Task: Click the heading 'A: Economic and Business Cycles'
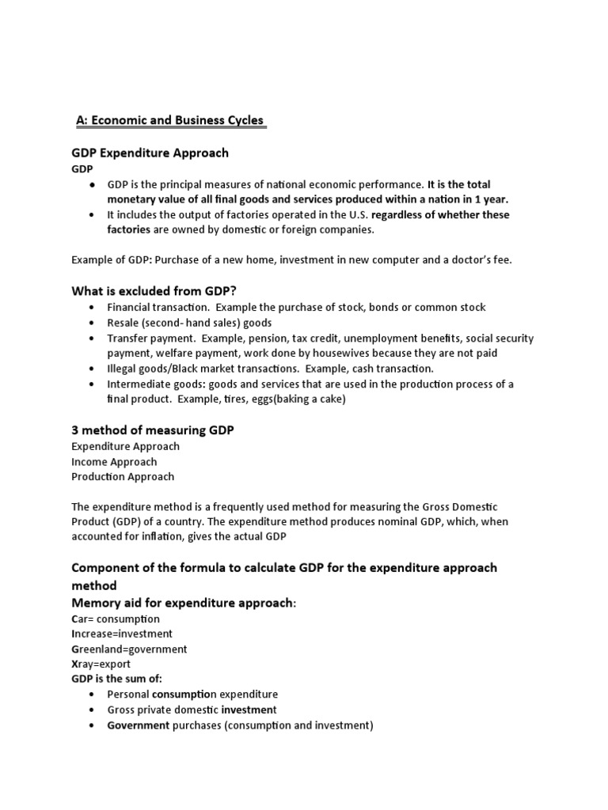(169, 120)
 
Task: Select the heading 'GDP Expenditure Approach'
(150, 153)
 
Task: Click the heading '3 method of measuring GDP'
(153, 430)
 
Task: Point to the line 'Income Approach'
(114, 461)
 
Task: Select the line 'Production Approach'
(123, 476)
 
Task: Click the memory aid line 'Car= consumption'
(116, 619)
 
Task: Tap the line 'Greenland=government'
(129, 649)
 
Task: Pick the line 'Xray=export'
(101, 664)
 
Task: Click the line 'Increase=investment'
(122, 634)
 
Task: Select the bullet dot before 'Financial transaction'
(93, 308)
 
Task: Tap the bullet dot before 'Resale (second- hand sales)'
(93, 323)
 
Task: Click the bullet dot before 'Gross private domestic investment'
(93, 710)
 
